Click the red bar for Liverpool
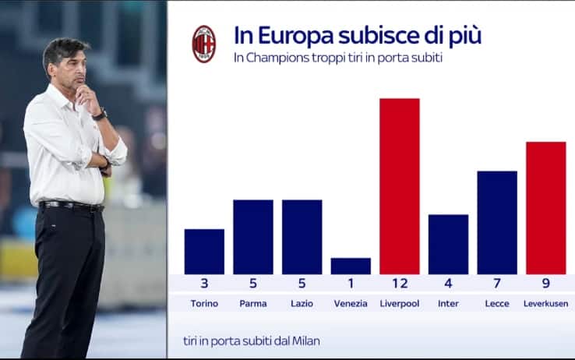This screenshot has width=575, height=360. click(x=399, y=186)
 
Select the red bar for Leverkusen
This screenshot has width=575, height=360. click(x=545, y=208)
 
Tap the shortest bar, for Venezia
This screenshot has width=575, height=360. click(x=351, y=266)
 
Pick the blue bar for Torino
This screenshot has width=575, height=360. click(x=204, y=252)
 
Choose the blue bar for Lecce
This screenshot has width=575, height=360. click(x=496, y=223)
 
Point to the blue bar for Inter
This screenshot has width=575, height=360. click(x=448, y=245)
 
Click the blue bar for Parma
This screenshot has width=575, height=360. click(x=253, y=237)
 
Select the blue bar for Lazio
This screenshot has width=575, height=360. click(x=302, y=237)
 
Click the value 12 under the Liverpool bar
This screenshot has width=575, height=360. click(x=399, y=284)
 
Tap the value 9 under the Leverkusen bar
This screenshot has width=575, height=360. click(x=545, y=284)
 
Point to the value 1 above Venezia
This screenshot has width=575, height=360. click(x=351, y=284)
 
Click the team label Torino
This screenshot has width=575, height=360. click(x=204, y=303)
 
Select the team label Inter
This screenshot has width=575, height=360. click(x=448, y=303)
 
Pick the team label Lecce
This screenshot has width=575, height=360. click(x=496, y=303)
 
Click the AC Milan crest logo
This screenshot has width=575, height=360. click(x=204, y=44)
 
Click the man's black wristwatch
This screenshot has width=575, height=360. click(x=99, y=115)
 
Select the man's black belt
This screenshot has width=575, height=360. click(x=71, y=206)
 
